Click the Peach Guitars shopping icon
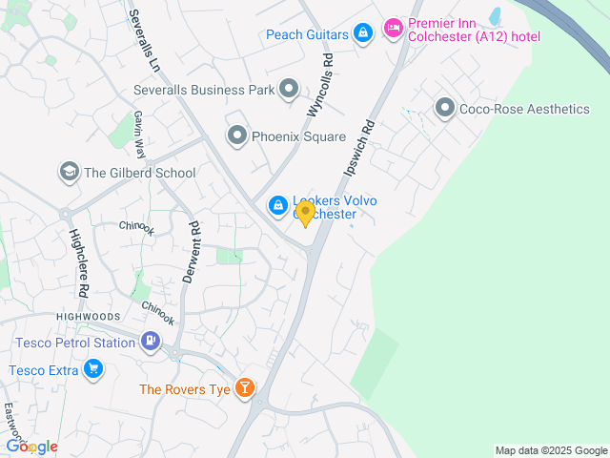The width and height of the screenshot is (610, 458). click(362, 34)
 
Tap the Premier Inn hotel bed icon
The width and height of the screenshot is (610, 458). click(392, 28)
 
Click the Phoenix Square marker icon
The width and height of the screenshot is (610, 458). click(236, 136)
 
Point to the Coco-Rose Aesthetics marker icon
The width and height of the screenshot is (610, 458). click(444, 109)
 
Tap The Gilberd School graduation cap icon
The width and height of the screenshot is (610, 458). click(69, 173)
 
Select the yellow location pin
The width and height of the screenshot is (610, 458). click(305, 214)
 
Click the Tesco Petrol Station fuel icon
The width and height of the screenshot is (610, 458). click(151, 341)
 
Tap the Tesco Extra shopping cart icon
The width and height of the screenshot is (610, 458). click(92, 369)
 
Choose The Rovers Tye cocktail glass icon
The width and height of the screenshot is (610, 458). click(246, 387)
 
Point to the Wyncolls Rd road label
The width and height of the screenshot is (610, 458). click(319, 84)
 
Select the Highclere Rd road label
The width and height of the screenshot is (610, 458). click(78, 262)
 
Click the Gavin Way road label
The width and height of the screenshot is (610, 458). click(140, 135)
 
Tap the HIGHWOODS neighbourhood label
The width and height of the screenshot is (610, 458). click(89, 317)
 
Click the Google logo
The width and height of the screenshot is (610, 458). click(31, 446)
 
